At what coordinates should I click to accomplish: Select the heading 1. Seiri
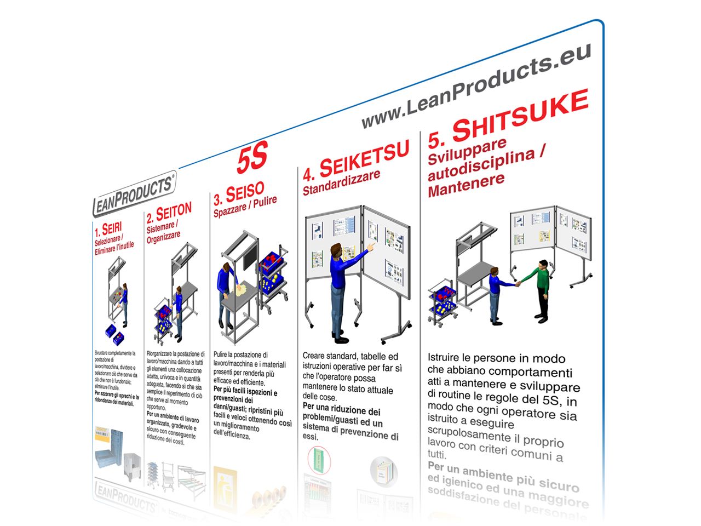coord(108,229)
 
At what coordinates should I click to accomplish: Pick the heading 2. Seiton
coord(169,213)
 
